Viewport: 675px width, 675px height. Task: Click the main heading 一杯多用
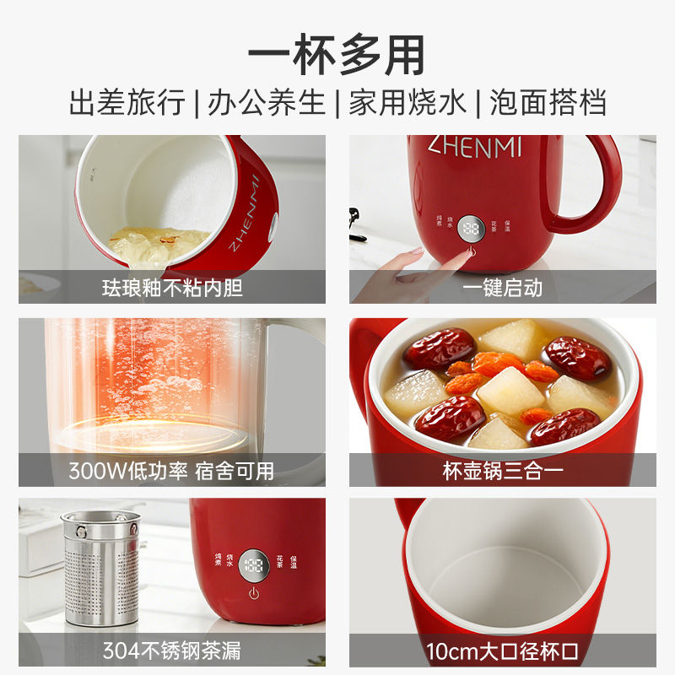coord(337,55)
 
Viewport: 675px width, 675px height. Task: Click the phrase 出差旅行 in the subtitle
coord(127,102)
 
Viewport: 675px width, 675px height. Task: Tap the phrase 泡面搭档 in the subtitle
coord(548,102)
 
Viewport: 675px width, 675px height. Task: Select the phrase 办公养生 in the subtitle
coord(267,102)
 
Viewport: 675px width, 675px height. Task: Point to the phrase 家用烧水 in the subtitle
coord(408,102)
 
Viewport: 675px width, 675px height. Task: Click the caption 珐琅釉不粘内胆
coord(172,288)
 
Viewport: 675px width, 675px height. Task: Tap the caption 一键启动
coord(502,288)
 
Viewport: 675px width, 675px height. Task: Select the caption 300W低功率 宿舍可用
coord(171,471)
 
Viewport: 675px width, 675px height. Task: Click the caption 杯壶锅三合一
coord(502,471)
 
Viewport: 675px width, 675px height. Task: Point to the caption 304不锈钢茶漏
coord(172,651)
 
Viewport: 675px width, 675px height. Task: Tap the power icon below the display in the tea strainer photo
coord(254,594)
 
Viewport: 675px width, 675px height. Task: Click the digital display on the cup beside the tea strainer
coord(254,565)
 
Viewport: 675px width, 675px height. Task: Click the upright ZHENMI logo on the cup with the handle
coord(475,146)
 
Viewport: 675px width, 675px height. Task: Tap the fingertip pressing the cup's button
coord(467,254)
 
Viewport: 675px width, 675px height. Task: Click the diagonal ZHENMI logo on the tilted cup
coord(244,213)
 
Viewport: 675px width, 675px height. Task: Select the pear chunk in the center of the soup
coord(510,390)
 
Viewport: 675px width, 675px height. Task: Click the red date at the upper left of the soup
coord(440,348)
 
